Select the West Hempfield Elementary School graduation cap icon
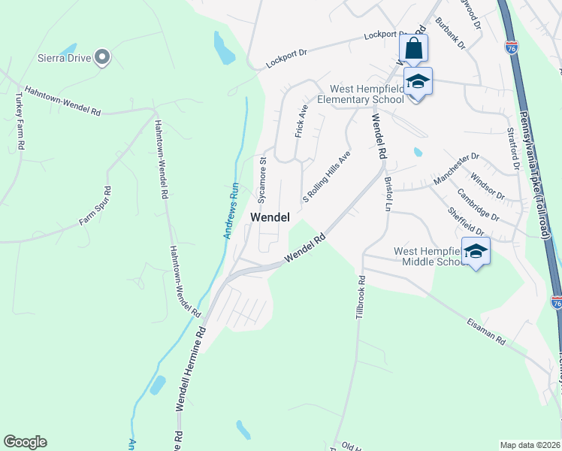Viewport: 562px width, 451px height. tap(418, 81)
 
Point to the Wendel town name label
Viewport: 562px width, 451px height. tap(269, 216)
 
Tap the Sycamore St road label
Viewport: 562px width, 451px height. tap(263, 180)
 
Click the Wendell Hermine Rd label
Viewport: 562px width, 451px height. tap(191, 368)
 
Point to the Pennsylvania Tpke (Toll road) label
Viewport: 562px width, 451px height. tap(533, 173)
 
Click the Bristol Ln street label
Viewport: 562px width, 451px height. tap(388, 194)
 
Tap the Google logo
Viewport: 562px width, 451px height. tap(25, 442)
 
